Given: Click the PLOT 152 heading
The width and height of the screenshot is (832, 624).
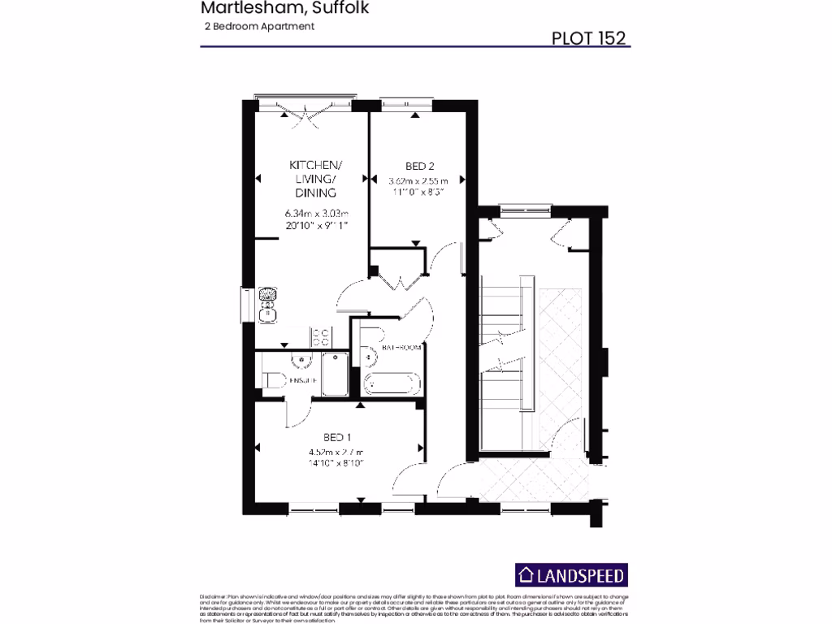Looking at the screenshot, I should (588, 37).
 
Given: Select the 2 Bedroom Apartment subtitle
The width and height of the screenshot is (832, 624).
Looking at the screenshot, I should (259, 26).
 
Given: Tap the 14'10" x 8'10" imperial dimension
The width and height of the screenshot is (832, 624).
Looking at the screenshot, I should (336, 462).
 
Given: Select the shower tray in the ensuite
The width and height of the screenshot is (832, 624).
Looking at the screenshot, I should (334, 375).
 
